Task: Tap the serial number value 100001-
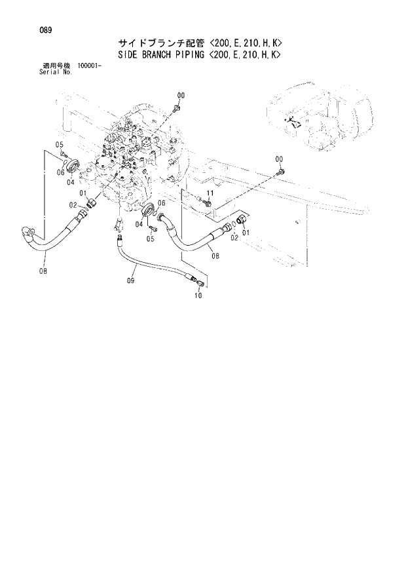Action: (90, 66)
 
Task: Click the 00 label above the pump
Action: (180, 95)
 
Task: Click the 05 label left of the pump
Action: (58, 144)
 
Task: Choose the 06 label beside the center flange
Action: (162, 204)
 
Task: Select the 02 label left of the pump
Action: (74, 206)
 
